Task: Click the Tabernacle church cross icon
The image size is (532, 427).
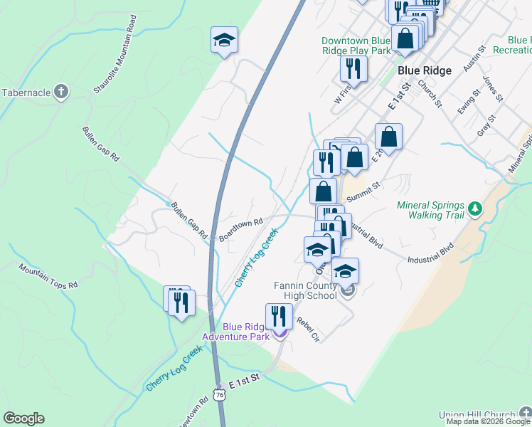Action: [62, 92]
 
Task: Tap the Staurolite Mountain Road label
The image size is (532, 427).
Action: [114, 64]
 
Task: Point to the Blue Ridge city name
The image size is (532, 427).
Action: [425, 70]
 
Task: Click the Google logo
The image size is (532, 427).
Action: [23, 418]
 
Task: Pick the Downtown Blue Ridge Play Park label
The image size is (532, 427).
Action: [356, 46]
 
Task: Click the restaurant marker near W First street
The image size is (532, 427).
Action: [353, 68]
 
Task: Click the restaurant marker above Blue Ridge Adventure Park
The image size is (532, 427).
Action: [279, 315]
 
